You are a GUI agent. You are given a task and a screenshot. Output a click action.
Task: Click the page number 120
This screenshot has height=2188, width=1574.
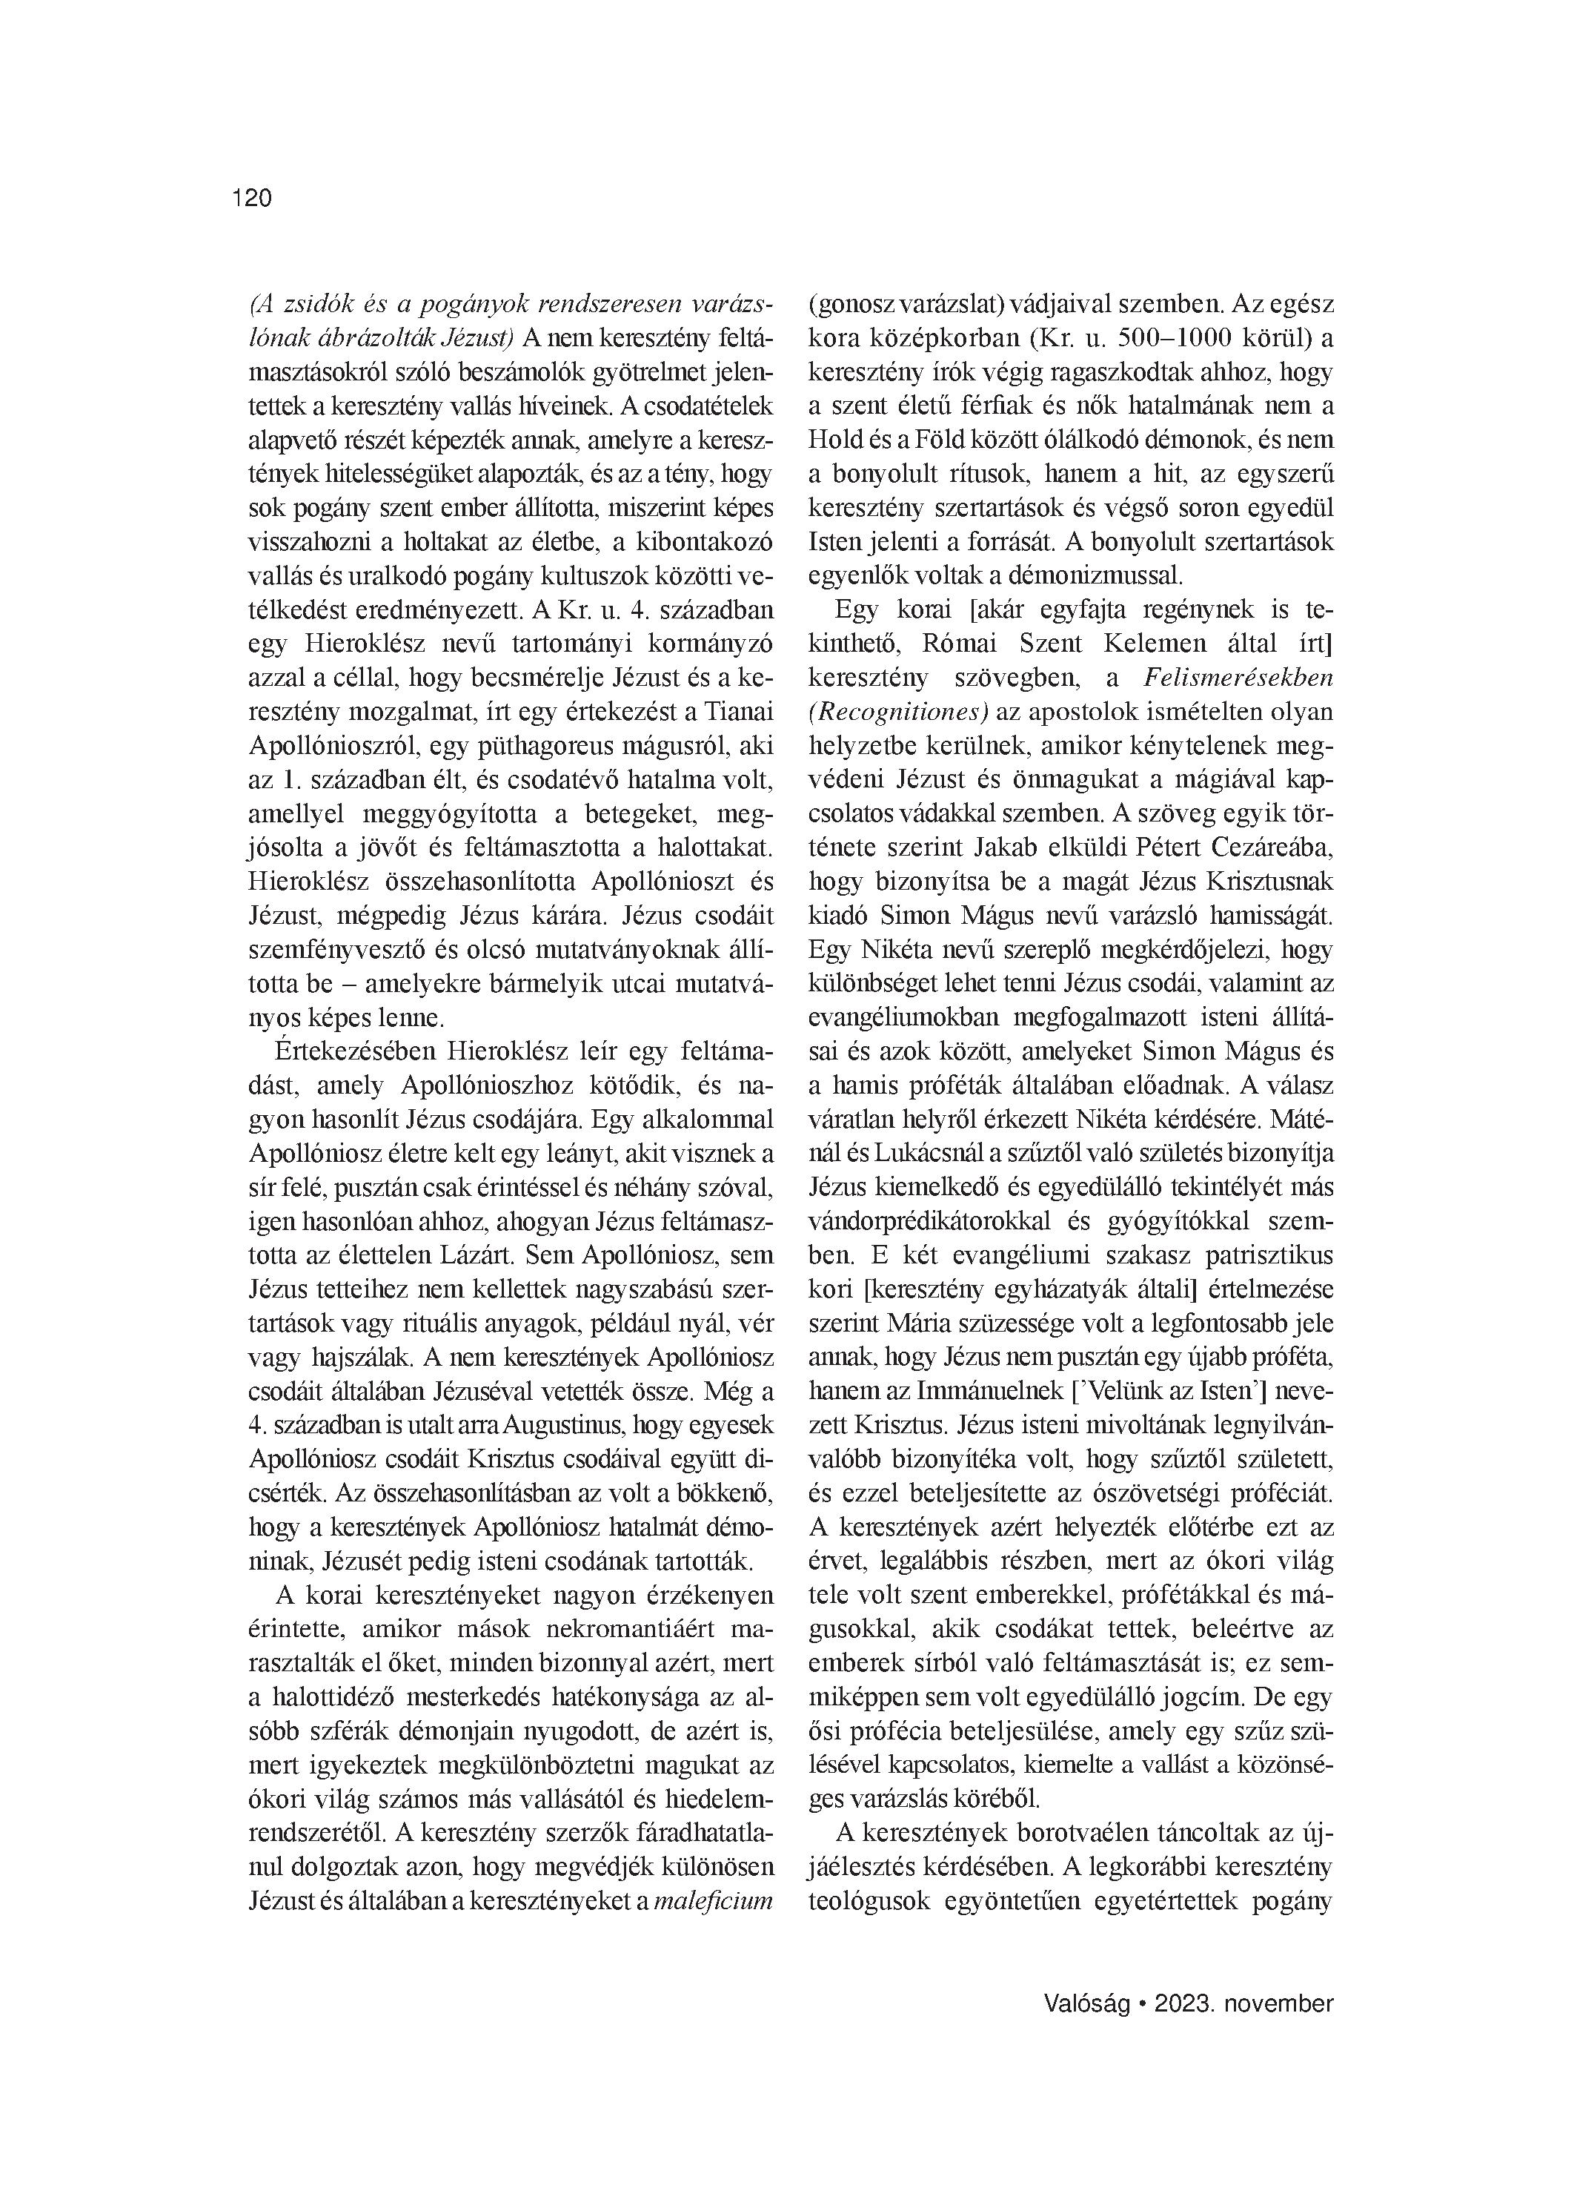[253, 198]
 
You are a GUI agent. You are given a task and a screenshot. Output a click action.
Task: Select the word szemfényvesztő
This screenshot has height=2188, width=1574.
[335, 949]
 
